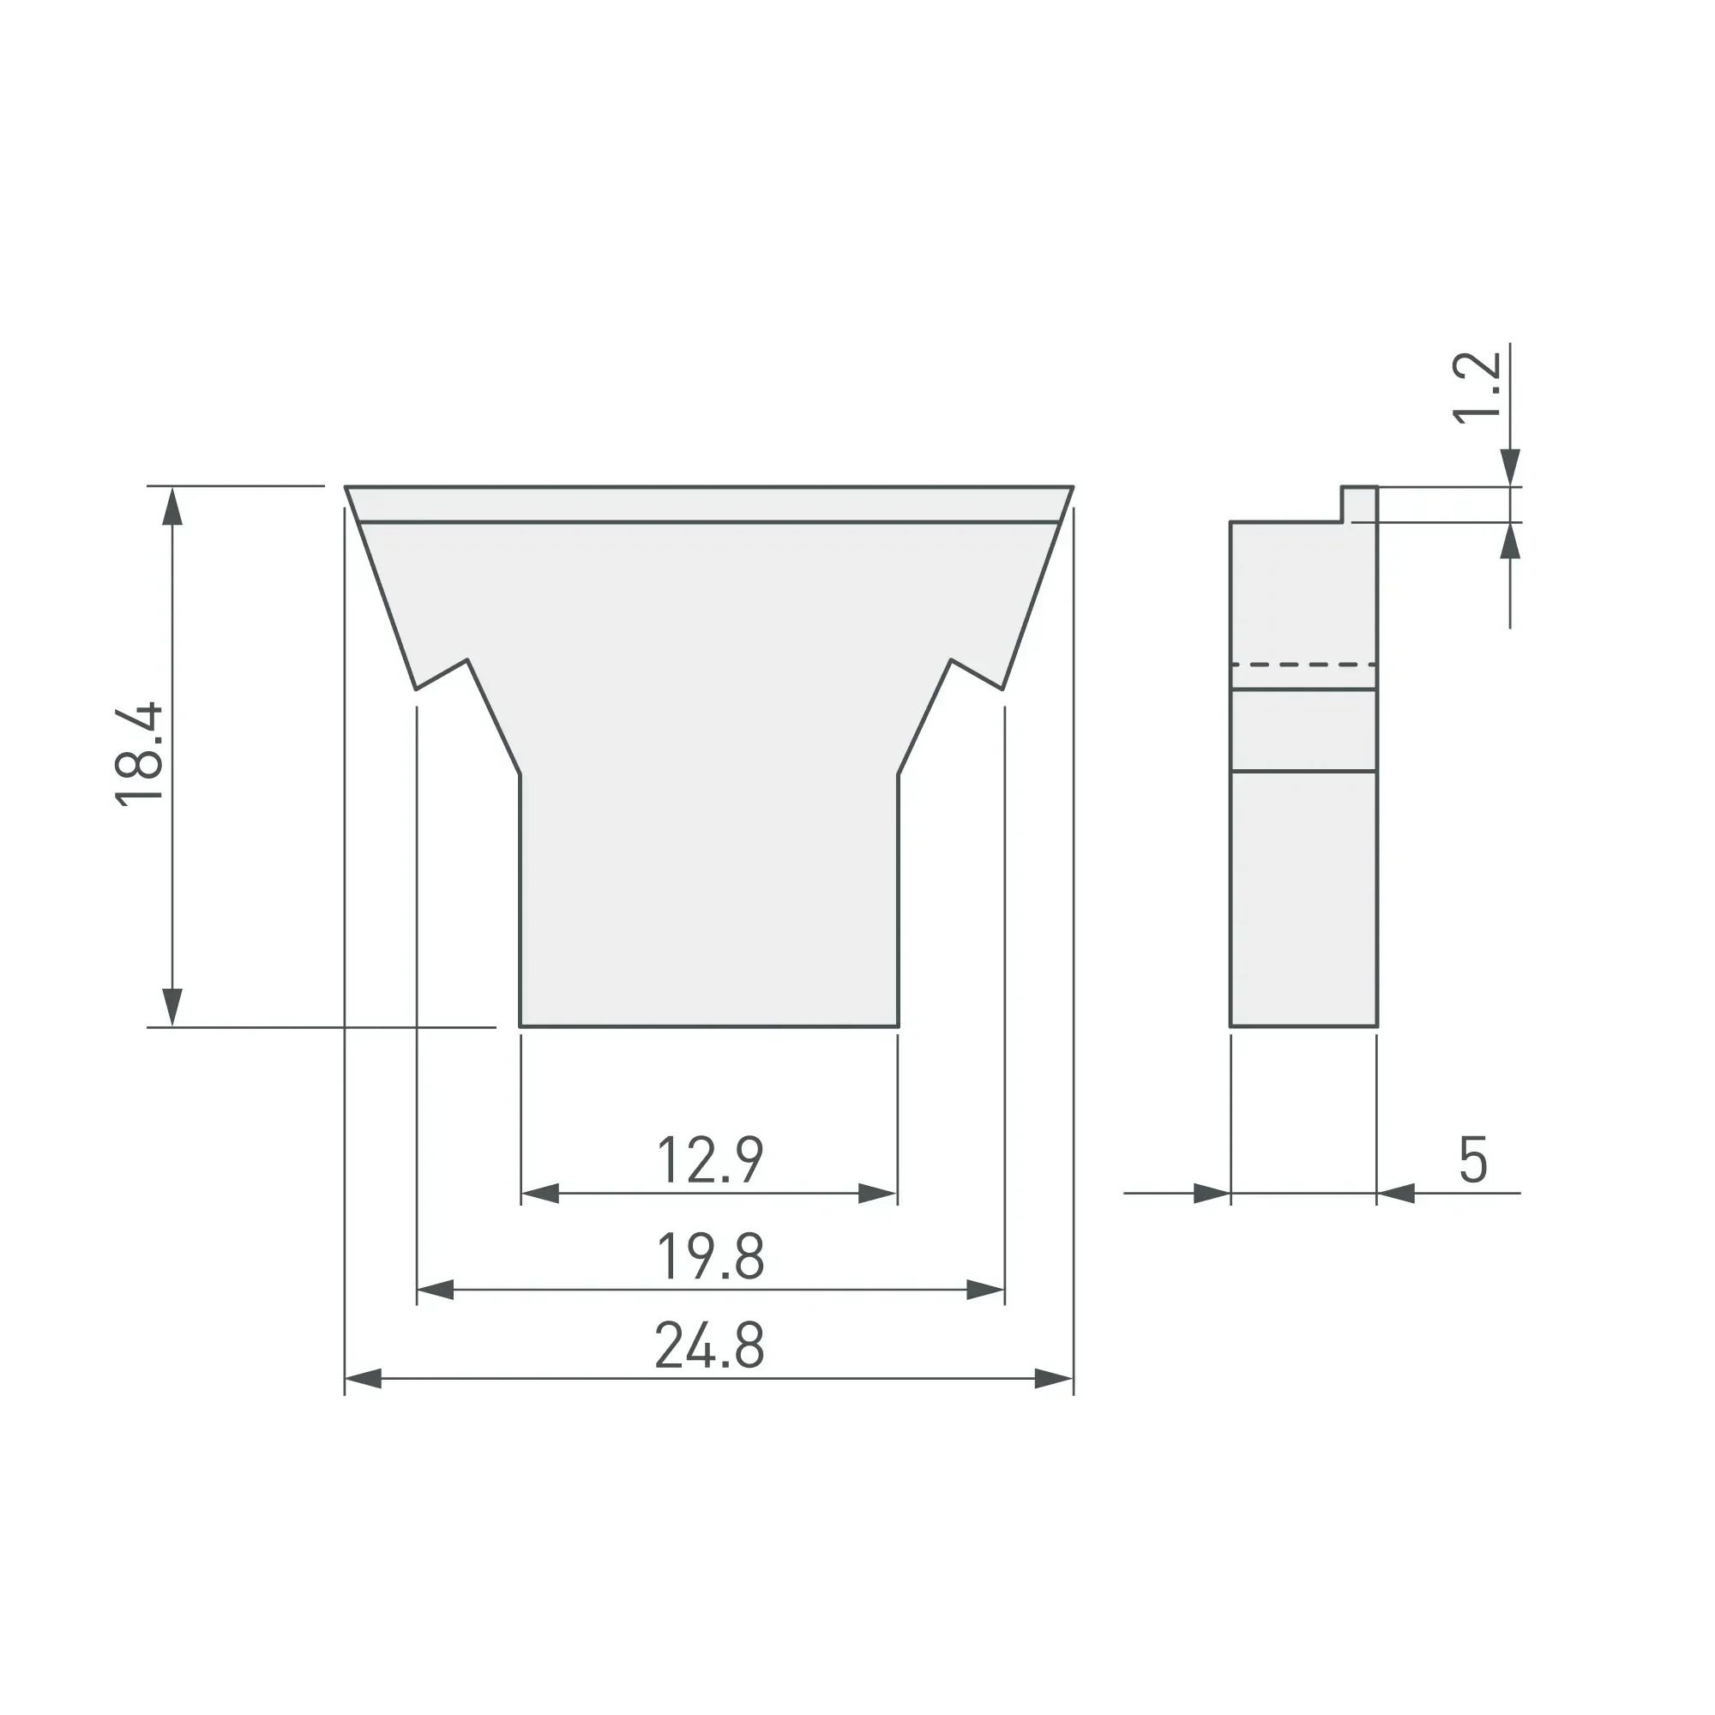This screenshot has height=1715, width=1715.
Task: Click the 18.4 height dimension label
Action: pyautogui.click(x=140, y=754)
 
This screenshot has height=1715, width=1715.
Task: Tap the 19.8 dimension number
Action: pyautogui.click(x=710, y=1256)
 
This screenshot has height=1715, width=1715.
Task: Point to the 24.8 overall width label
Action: pyautogui.click(x=710, y=1345)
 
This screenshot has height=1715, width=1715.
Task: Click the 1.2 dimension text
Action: pyautogui.click(x=1477, y=388)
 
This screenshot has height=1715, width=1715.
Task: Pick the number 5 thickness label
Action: pyautogui.click(x=1473, y=1159)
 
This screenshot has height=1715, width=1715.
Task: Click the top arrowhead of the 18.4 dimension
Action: pyautogui.click(x=172, y=506)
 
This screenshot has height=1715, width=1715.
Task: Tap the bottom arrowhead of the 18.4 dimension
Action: pyautogui.click(x=172, y=1008)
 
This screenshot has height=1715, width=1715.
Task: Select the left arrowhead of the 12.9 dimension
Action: pyautogui.click(x=539, y=1194)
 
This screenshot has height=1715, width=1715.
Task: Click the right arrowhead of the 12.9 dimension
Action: pyautogui.click(x=878, y=1194)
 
